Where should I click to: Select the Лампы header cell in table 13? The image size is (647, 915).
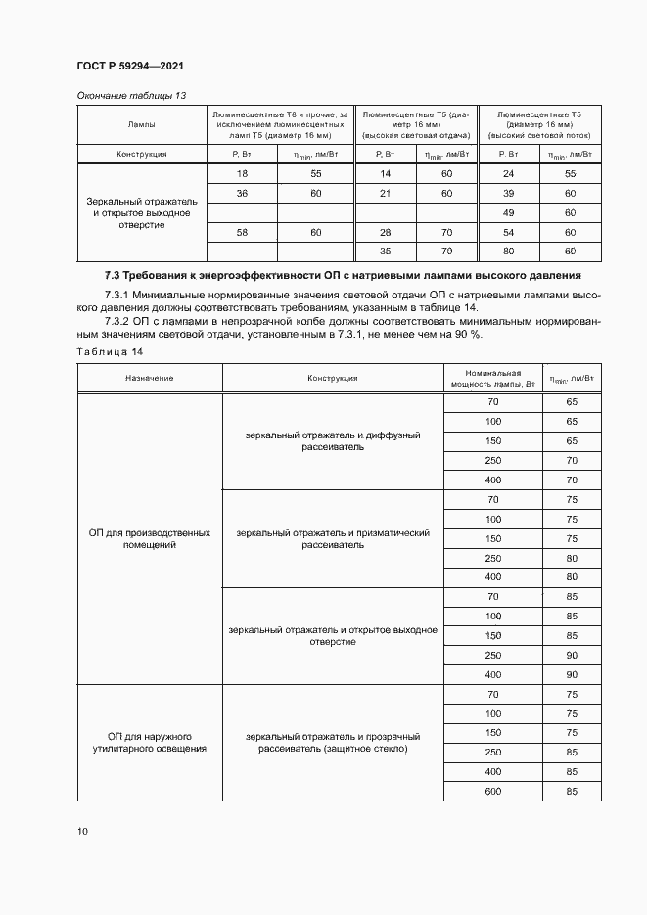pyautogui.click(x=141, y=125)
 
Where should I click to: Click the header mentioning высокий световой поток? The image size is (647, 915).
pyautogui.click(x=538, y=125)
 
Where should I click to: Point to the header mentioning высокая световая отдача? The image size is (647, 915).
pyautogui.click(x=416, y=125)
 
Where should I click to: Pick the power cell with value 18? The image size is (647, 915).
pyautogui.click(x=242, y=173)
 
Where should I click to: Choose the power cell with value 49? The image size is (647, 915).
pyautogui.click(x=508, y=212)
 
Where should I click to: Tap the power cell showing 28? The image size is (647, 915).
pyautogui.click(x=386, y=232)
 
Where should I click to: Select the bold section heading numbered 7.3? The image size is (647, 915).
pyautogui.click(x=343, y=275)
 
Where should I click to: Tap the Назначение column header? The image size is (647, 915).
pyautogui.click(x=149, y=378)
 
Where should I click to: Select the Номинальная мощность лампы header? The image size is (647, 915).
pyautogui.click(x=492, y=378)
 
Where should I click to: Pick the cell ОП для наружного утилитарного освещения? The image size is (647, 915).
pyautogui.click(x=150, y=742)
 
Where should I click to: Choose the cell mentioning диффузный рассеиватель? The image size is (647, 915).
pyautogui.click(x=333, y=440)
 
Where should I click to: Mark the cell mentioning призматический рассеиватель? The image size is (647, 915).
pyautogui.click(x=333, y=539)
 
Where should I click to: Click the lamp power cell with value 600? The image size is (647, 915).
pyautogui.click(x=492, y=791)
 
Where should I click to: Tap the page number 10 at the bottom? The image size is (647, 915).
pyautogui.click(x=82, y=832)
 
